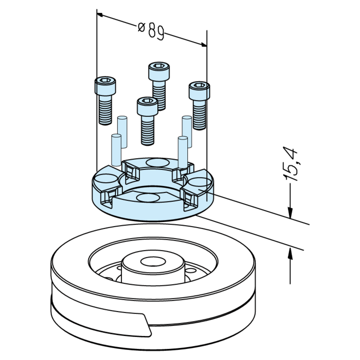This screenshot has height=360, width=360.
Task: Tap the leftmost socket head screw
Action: click(105, 101)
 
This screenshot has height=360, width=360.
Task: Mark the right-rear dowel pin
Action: click(186, 131)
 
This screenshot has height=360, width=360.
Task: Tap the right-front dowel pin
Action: click(182, 150)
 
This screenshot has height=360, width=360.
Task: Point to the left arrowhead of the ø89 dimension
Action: click(101, 15)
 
